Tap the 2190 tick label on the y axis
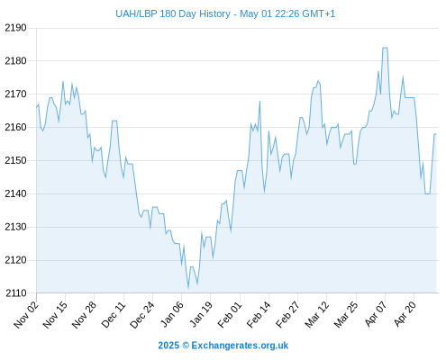click(x=15, y=28)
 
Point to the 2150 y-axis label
click(x=15, y=160)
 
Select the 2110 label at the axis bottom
click(x=15, y=293)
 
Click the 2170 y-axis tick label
click(x=15, y=94)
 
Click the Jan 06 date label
click(x=172, y=314)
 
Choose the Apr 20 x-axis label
click(x=405, y=314)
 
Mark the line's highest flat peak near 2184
click(x=385, y=48)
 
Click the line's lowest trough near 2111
click(x=188, y=288)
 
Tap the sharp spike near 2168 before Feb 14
click(x=259, y=102)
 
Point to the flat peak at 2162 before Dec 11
click(x=114, y=121)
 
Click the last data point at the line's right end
click(x=436, y=134)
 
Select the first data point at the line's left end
click(x=37, y=107)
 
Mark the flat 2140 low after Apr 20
click(x=428, y=193)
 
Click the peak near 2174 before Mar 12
click(x=318, y=81)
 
